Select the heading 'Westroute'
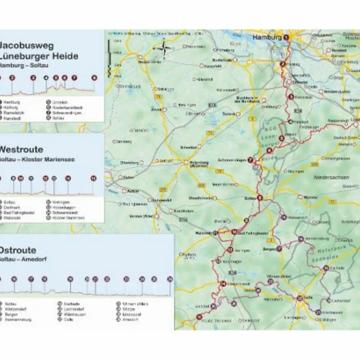coord(21,149)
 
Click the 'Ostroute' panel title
coord(18,251)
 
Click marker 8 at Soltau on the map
coord(260,198)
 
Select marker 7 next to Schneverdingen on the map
coord(251,160)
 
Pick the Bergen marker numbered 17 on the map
coord(279,249)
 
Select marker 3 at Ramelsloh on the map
coord(291,97)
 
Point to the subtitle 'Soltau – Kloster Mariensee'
coord(37,159)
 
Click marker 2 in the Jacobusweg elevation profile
coord(12,78)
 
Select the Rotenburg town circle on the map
coord(186,162)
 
